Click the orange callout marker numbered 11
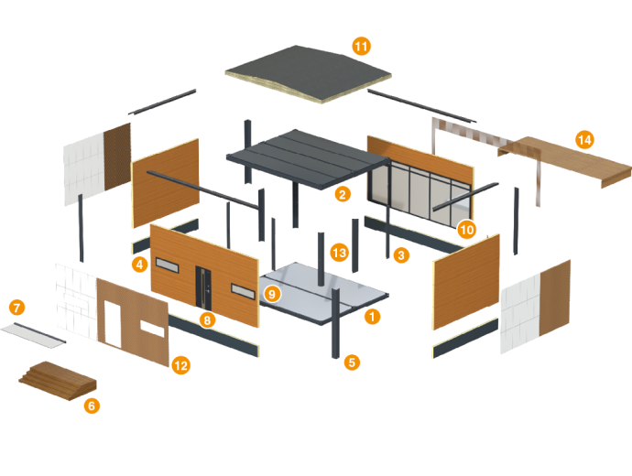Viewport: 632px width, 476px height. (361, 45)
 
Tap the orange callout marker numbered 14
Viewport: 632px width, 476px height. (585, 140)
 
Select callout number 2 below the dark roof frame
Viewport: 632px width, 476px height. (343, 194)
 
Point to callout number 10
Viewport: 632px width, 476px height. (467, 228)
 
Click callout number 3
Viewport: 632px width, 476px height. (401, 255)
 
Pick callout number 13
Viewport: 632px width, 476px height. (339, 251)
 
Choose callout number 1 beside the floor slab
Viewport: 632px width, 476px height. (371, 317)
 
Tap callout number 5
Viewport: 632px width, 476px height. (353, 362)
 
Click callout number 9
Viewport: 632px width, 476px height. (271, 294)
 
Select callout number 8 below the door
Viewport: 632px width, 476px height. (208, 320)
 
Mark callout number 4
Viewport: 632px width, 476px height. (139, 265)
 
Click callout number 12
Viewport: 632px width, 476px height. (180, 365)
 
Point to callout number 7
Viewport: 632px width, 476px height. (17, 308)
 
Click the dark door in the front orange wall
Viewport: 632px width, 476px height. (204, 288)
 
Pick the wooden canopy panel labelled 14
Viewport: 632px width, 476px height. (568, 160)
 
